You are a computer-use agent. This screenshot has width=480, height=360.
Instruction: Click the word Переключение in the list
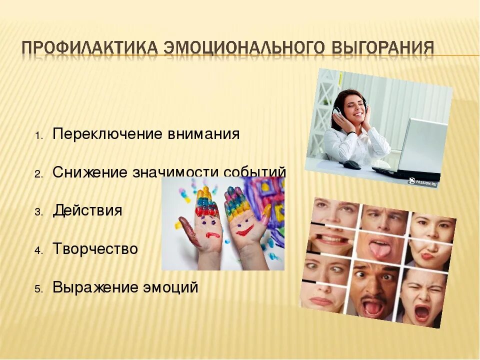tap(108, 134)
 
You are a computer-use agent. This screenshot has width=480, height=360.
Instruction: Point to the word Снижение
tap(90, 172)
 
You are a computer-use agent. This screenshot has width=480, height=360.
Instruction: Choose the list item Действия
tap(87, 210)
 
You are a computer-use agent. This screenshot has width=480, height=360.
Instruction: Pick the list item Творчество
tap(95, 249)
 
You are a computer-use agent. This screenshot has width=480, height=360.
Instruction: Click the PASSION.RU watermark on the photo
tap(423, 182)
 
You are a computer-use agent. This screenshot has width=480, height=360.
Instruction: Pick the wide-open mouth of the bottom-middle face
tap(373, 307)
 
